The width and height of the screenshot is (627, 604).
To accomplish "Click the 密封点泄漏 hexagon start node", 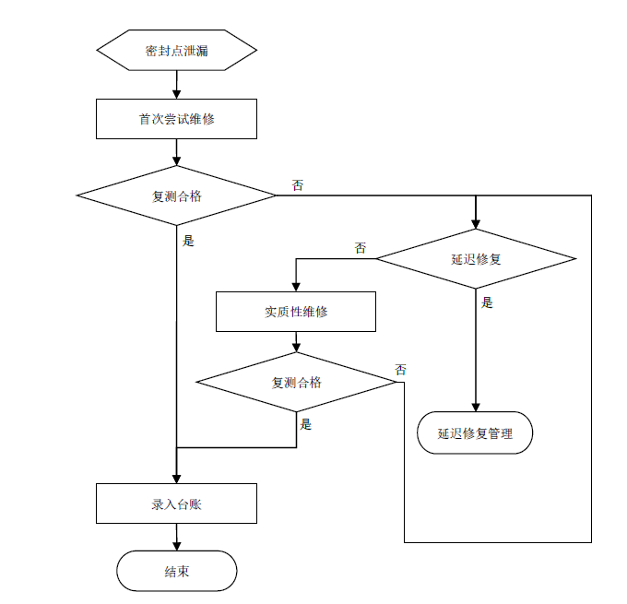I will coord(176,51).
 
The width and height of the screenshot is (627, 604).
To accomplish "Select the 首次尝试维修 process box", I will coord(176,119).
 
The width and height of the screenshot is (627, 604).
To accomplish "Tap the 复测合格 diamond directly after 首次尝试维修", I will coord(176,195).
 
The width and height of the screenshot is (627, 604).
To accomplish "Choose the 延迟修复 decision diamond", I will coord(476,258).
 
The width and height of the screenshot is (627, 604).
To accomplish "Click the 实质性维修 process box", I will coord(296,312).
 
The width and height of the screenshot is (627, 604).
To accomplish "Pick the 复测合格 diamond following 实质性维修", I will coord(296,382).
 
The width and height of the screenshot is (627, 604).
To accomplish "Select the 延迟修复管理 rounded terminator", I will coord(475,432).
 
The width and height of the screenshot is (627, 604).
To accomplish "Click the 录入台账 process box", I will coord(176,503).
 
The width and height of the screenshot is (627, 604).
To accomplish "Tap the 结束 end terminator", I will coord(176,572).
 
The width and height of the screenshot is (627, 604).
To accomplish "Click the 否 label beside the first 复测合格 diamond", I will coord(297,185).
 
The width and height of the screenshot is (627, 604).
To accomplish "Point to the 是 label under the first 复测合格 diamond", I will coord(189,242).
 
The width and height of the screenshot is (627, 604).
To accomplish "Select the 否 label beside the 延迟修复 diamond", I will coord(360,248).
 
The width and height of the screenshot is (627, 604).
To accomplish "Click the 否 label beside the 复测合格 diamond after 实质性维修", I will coord(401,370).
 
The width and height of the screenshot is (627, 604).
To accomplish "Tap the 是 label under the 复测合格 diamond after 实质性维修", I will coord(306,424).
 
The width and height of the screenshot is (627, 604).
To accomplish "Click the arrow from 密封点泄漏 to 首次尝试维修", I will coord(176,85).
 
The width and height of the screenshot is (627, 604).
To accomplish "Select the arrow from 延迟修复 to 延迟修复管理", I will coord(476,350).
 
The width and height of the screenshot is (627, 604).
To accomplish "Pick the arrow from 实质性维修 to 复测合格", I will coord(296,342).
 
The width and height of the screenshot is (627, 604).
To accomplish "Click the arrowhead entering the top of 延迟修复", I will coord(476,223).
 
